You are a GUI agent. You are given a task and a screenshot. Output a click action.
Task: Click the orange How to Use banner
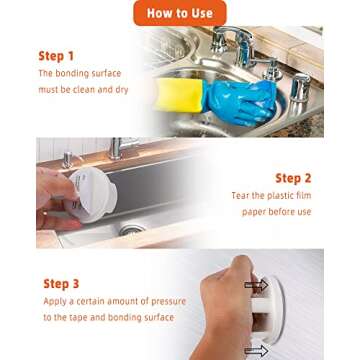180,13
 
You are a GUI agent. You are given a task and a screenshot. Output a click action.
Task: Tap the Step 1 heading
56,56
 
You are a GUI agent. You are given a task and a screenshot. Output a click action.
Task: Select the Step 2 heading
293,178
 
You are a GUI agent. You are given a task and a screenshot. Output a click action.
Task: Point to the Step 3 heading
61,284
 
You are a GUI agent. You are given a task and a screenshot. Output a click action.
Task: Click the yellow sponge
179,95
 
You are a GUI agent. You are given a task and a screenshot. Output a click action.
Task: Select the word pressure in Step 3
168,302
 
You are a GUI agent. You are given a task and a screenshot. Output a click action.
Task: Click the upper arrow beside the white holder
256,285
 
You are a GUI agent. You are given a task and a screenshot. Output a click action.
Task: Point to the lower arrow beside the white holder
256,350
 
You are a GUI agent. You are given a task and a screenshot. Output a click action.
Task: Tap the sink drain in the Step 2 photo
132,229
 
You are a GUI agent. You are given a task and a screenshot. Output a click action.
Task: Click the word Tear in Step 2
240,196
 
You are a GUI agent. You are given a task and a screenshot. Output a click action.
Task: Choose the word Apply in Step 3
55,302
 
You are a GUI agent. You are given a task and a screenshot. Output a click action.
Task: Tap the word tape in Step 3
77,318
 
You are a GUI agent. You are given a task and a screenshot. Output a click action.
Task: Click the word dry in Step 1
122,91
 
